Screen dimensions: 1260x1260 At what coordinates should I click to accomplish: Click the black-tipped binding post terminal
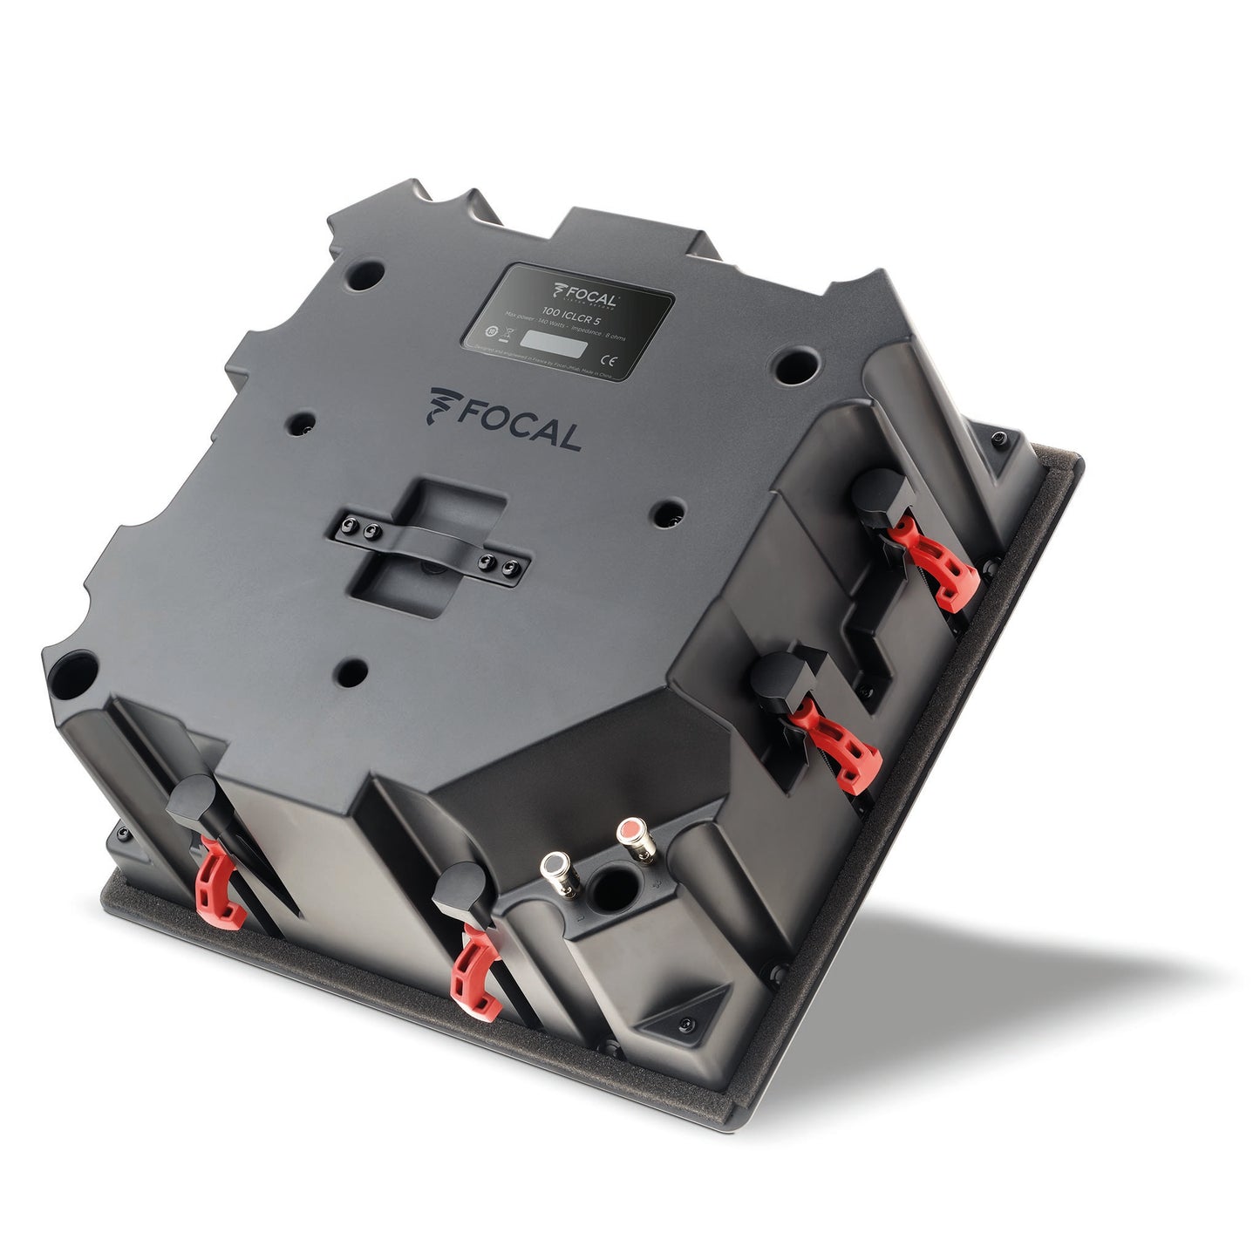(x=554, y=868)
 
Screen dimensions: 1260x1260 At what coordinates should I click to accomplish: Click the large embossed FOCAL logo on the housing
(x=505, y=419)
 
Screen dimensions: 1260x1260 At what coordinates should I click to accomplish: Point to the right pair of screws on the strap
(x=501, y=566)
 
